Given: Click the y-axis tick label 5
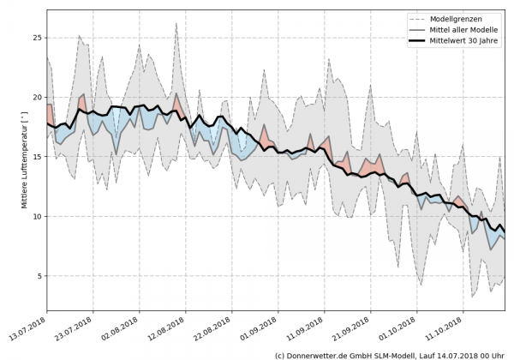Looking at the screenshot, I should click(38, 276).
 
